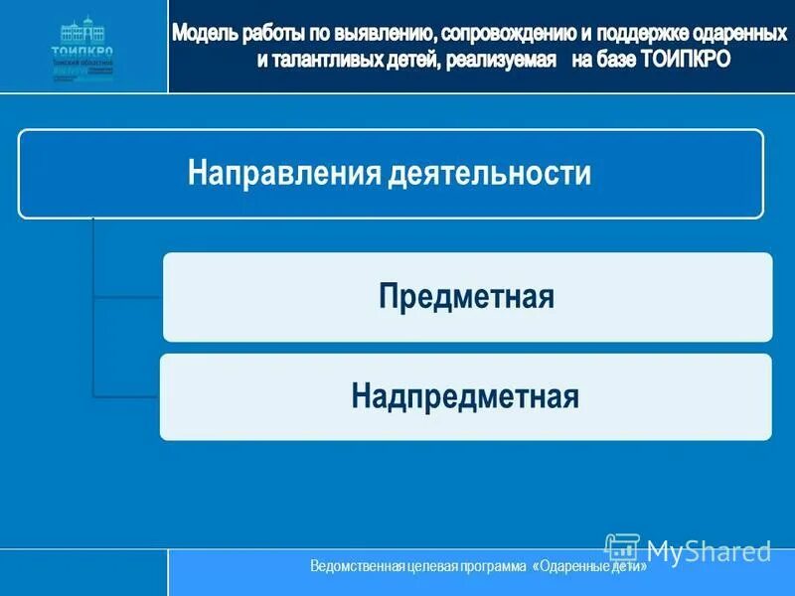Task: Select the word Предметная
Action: click(466, 296)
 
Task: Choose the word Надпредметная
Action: click(464, 396)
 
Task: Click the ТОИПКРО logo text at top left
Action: click(82, 52)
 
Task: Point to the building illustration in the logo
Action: click(82, 29)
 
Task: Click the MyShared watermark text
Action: click(708, 550)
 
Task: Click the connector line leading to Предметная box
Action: click(127, 296)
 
